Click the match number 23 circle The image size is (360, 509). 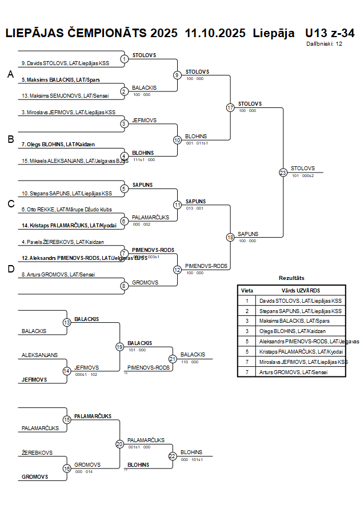tap(283, 172)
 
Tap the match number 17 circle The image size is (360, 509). tap(230, 107)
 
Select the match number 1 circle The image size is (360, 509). tap(124, 59)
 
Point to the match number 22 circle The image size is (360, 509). tap(172, 456)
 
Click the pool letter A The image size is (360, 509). tap(10, 74)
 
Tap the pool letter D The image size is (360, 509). tap(10, 269)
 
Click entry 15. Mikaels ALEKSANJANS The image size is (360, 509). tap(75, 161)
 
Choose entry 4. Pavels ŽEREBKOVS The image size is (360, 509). tap(63, 242)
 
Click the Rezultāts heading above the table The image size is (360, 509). tap(291, 278)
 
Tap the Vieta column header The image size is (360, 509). tap(247, 290)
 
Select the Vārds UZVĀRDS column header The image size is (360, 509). tap(301, 290)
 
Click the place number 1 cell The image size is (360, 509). tap(247, 300)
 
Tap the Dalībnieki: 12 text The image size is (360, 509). tap(324, 43)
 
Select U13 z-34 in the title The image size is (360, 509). tap(330, 33)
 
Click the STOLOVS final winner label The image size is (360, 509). tap(303, 168)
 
